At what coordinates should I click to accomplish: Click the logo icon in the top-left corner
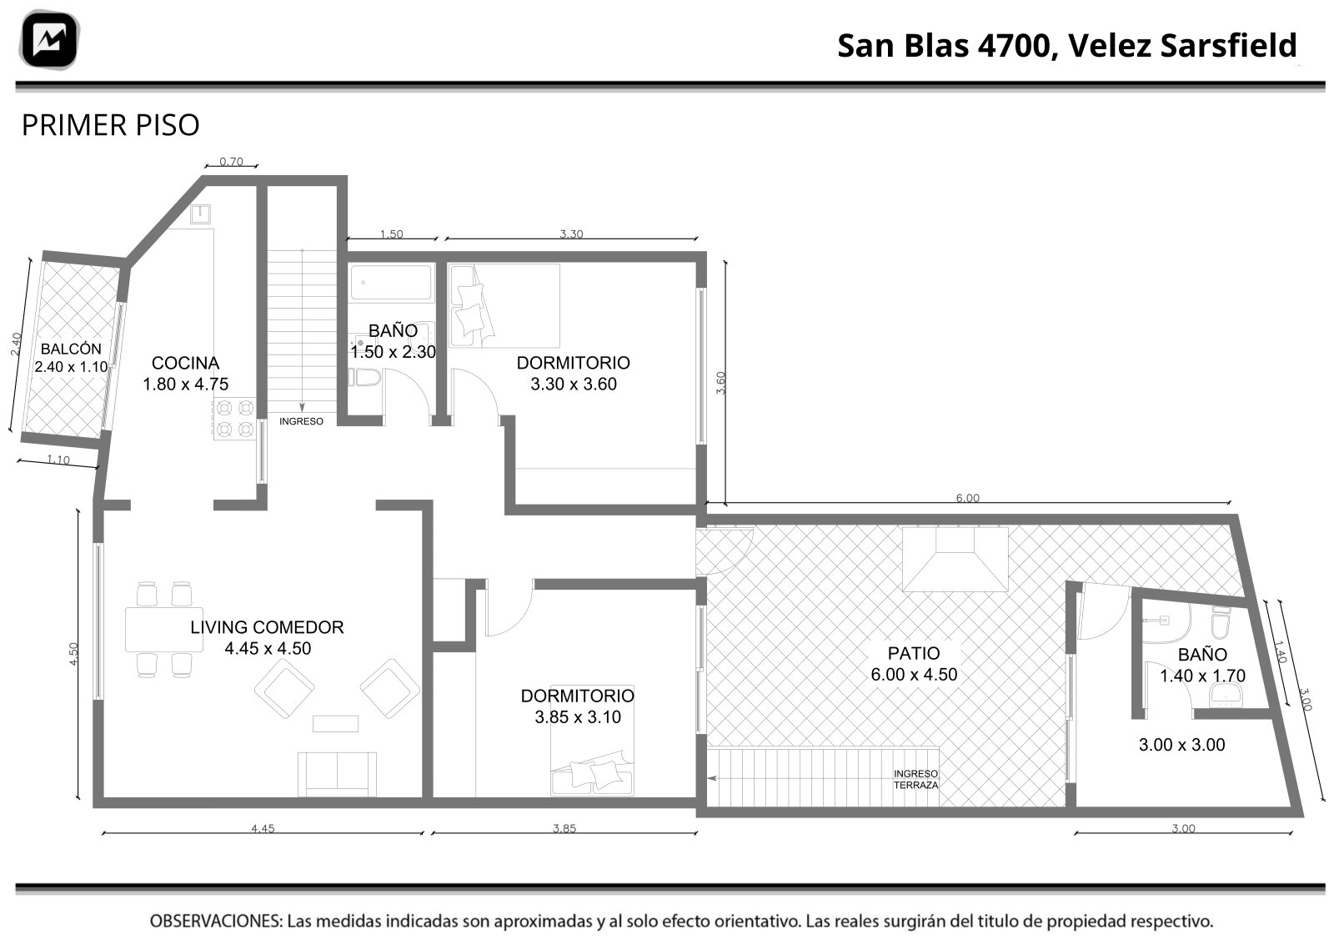[49, 40]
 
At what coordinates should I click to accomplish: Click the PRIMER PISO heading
[110, 125]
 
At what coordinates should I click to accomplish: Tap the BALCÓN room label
[71, 349]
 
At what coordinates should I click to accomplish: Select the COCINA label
[185, 363]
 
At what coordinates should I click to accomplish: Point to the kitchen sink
[200, 214]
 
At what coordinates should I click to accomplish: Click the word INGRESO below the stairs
[301, 421]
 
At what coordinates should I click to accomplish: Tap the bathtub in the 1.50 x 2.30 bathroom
[391, 283]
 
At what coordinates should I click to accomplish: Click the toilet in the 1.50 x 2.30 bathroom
[364, 377]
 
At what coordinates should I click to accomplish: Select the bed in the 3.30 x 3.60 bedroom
[504, 305]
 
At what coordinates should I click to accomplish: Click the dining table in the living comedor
[163, 630]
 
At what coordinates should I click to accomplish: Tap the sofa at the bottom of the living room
[337, 774]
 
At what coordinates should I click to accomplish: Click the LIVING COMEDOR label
[267, 627]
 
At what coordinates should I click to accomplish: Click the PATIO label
[914, 653]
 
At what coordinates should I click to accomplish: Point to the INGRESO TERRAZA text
[916, 779]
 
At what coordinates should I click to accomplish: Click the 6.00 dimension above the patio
[968, 498]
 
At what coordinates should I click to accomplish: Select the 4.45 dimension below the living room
[263, 828]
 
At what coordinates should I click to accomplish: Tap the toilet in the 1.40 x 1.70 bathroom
[1221, 622]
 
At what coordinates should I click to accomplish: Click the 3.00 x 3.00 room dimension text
[1181, 745]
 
